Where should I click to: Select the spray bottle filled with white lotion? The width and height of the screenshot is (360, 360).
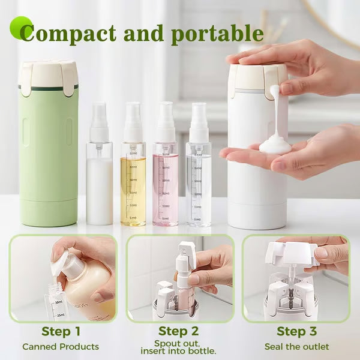coord(99,180)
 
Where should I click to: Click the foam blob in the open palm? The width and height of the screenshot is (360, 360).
coord(275,143)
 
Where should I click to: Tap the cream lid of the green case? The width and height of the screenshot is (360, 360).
coord(48,75)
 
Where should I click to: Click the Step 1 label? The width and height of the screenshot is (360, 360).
coord(61,331)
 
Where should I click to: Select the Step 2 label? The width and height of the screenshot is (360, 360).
coord(178,331)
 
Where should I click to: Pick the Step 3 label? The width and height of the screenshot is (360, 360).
coord(296,331)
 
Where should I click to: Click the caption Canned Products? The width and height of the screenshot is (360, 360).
coord(61,347)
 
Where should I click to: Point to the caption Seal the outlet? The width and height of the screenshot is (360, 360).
coord(296,347)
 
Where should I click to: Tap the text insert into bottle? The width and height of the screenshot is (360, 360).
coord(178,351)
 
